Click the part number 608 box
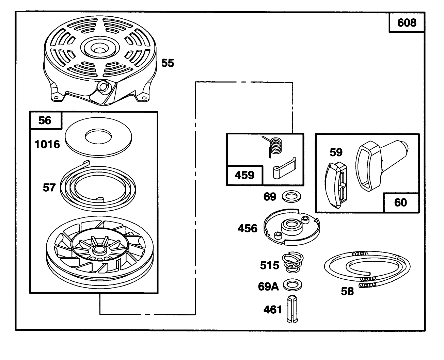(x=407, y=22)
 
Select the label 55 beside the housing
(x=168, y=63)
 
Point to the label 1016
(x=47, y=144)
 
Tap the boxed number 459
(x=244, y=175)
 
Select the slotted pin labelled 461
(x=292, y=309)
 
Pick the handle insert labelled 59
(x=335, y=185)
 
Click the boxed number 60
(x=400, y=202)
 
